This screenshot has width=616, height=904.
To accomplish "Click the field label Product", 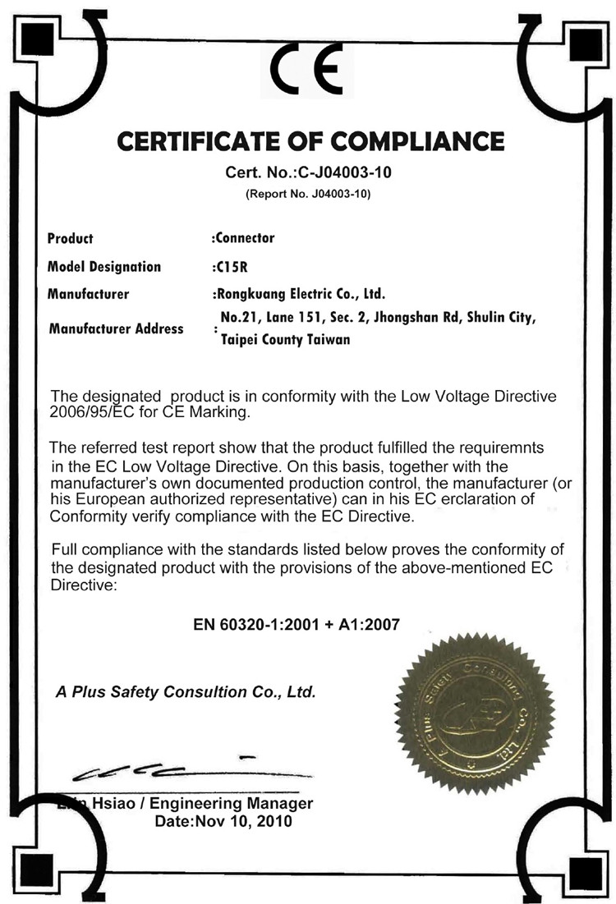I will point(70,239).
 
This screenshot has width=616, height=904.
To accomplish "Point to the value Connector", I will point(244,238).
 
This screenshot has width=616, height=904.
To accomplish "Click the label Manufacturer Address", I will point(116,328).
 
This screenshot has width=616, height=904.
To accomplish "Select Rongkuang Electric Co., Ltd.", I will point(299,293).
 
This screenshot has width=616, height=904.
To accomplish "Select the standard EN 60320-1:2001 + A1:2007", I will point(297,624).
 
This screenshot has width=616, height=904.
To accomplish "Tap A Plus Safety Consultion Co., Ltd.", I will point(186,692).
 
